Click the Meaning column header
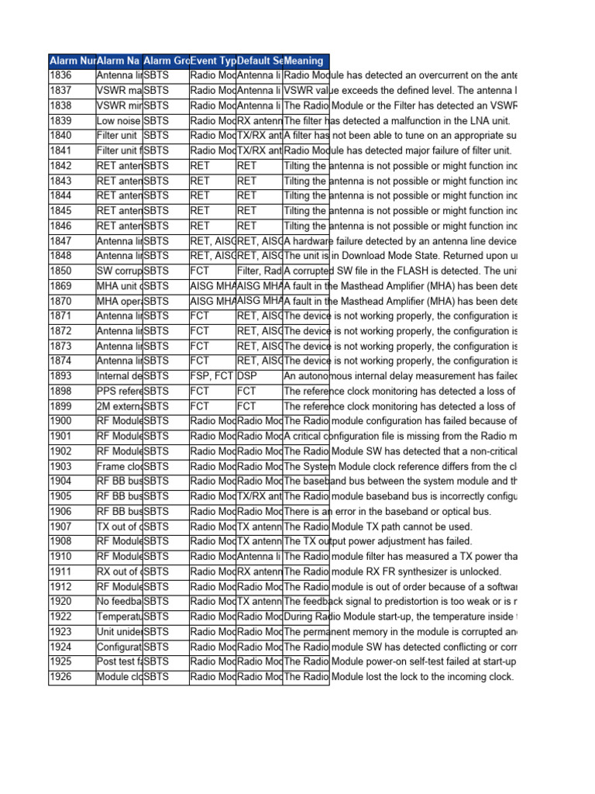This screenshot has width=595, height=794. [305, 60]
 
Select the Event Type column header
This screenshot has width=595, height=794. [212, 60]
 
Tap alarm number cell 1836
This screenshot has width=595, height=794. [71, 75]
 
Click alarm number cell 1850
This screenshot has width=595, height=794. [71, 271]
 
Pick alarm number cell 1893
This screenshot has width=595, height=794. [71, 376]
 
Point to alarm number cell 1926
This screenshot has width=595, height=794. [71, 677]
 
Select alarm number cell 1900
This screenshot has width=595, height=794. [71, 421]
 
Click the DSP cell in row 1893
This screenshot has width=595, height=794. [259, 376]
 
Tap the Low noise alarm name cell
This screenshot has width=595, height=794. [119, 120]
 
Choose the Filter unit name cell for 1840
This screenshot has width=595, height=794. [119, 136]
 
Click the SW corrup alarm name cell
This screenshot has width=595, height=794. [119, 271]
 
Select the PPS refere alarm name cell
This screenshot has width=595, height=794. [119, 391]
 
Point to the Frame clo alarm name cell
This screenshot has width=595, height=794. [119, 466]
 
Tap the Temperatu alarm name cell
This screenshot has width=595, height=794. [119, 616]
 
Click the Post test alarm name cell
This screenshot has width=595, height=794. [119, 661]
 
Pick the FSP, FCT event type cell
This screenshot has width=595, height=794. [212, 376]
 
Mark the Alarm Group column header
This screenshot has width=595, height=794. [166, 60]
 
